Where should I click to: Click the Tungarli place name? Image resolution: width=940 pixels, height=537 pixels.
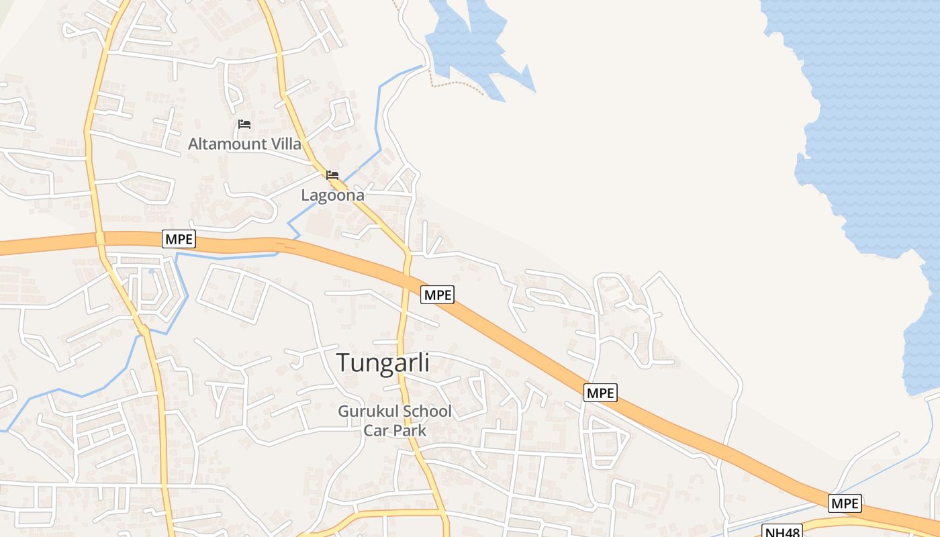[x=383, y=363]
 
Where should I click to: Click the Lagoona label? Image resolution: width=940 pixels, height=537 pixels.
[x=332, y=195]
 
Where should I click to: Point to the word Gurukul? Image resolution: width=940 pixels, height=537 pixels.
[x=368, y=411]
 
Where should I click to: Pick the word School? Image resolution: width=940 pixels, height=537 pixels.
[x=427, y=411]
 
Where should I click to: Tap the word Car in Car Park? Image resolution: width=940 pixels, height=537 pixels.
[x=376, y=430]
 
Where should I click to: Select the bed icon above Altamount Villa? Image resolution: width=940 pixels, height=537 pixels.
[x=244, y=124]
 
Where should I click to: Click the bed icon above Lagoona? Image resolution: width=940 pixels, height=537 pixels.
[x=332, y=175]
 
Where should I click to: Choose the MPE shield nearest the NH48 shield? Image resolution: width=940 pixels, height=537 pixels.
[x=845, y=503]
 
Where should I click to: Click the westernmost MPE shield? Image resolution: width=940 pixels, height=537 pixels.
[x=179, y=239]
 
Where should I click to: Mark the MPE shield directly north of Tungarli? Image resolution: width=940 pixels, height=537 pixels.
[x=438, y=294]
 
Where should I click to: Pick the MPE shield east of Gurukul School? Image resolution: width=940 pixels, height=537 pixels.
[x=600, y=393]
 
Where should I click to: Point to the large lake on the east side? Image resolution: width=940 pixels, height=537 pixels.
[x=873, y=134]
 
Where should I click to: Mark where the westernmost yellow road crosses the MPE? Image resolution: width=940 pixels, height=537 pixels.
[x=100, y=239]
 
